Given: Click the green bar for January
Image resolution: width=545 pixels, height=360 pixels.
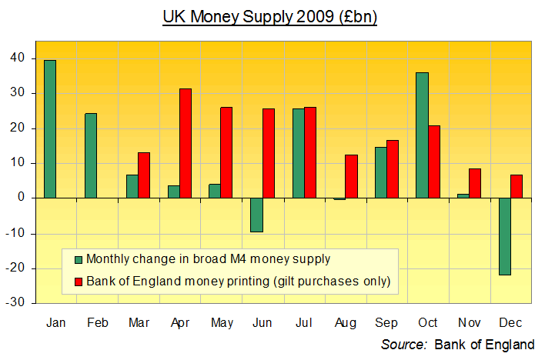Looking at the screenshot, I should pyautogui.click(x=50, y=129).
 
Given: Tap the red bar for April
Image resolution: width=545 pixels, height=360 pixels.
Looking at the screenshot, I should pyautogui.click(x=186, y=143).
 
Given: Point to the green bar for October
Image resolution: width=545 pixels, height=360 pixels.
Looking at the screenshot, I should pyautogui.click(x=422, y=135).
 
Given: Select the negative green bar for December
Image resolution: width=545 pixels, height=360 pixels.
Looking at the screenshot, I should pyautogui.click(x=505, y=236).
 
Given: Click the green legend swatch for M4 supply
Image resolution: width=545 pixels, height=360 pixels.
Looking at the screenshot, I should pyautogui.click(x=77, y=259).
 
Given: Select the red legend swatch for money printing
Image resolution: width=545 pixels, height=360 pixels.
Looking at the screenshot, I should pyautogui.click(x=77, y=282).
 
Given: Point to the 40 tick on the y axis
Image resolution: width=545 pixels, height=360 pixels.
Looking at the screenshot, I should pyautogui.click(x=18, y=58).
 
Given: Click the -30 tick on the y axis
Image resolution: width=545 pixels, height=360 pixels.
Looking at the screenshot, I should pyautogui.click(x=15, y=303).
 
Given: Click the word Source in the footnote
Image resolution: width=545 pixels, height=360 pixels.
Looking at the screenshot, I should pyautogui.click(x=404, y=344).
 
